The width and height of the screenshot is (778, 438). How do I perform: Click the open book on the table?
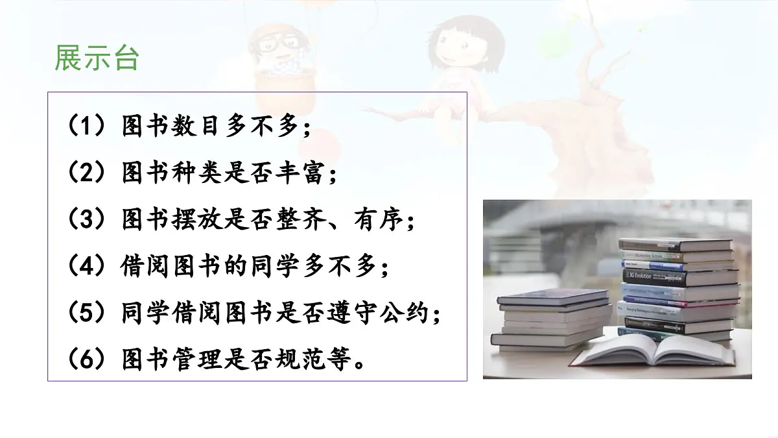[x=655, y=351]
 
